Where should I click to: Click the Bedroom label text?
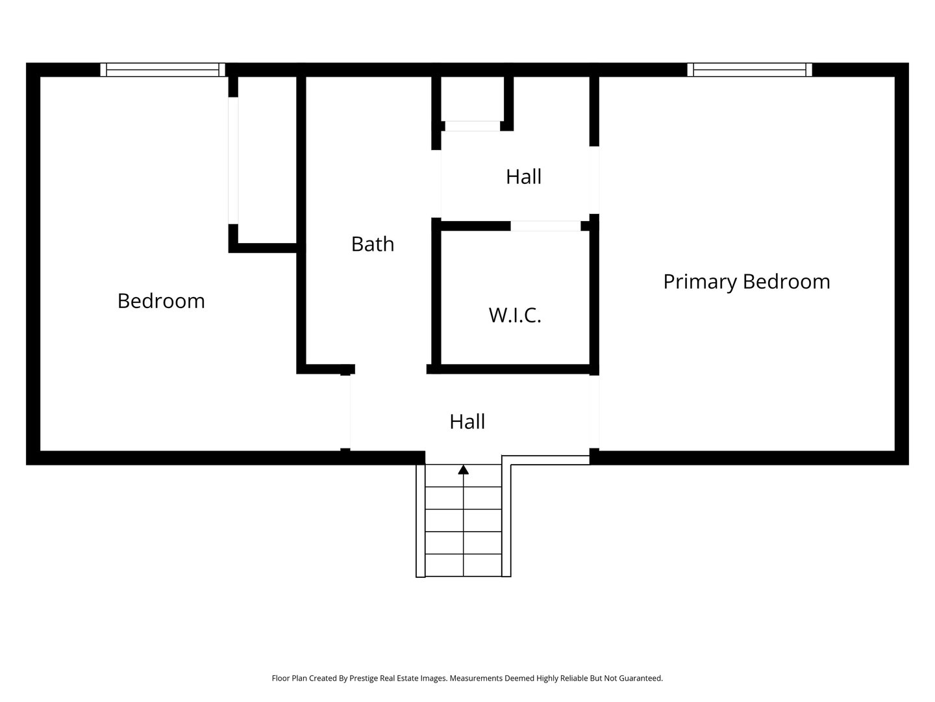161,301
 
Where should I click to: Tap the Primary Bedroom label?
746,281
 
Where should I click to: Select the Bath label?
372,244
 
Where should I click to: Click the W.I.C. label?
515,315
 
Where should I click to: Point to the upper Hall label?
523,177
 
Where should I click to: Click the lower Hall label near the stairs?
467,422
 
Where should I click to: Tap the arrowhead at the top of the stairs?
463,469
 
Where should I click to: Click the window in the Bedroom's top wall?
162,70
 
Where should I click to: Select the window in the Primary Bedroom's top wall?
749,70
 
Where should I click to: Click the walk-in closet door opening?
545,226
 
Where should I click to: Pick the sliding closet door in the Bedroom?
233,161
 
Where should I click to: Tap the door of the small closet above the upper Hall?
472,126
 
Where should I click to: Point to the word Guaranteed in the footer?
640,678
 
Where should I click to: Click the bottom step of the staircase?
463,565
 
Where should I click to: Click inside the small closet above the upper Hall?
472,99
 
